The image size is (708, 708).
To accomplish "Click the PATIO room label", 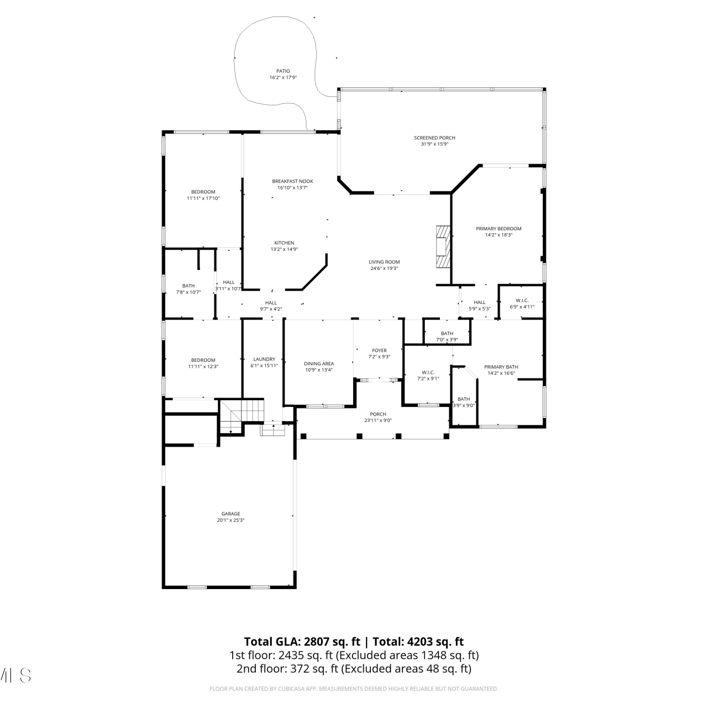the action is (283, 71).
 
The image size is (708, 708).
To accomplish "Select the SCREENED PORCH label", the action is (435, 138).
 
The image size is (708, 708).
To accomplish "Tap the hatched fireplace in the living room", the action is (443, 247).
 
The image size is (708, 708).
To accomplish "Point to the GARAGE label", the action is (231, 514).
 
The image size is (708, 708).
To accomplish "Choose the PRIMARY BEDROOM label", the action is (498, 228).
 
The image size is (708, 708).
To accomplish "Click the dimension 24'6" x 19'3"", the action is (384, 268).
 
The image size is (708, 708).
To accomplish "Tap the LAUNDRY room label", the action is (264, 359).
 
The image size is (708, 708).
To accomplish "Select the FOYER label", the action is (379, 351).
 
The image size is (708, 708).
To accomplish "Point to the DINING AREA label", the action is (319, 363).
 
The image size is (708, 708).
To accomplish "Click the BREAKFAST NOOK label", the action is (293, 181).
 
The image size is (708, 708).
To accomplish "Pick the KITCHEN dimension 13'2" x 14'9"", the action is (284, 249).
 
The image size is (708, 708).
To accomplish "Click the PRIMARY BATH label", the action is (501, 367).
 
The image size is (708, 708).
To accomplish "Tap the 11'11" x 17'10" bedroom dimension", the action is (203, 198).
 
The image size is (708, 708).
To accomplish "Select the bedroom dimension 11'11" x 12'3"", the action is (203, 366).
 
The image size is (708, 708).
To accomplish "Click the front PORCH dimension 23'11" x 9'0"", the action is (378, 420).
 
